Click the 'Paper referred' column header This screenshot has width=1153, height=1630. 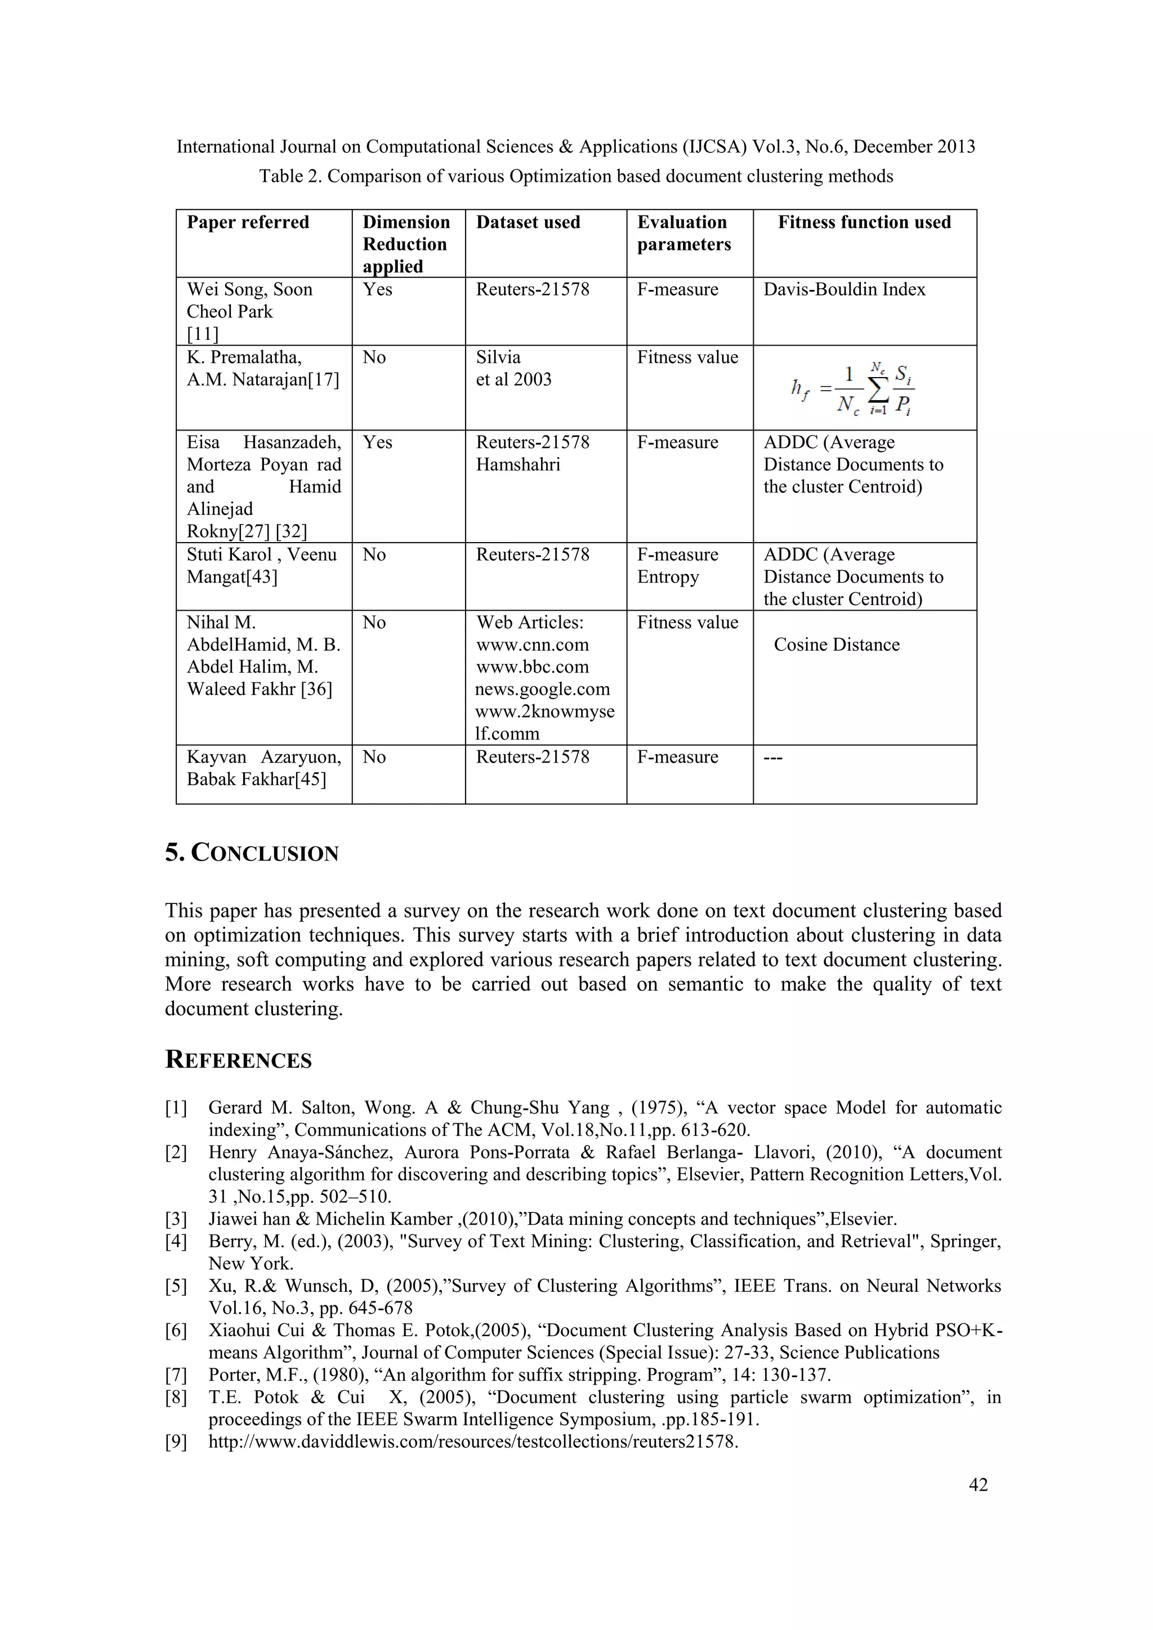(x=248, y=222)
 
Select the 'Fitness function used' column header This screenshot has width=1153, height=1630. (x=864, y=222)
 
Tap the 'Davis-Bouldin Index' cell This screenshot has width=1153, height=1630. (x=844, y=290)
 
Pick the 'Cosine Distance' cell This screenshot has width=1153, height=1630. (x=837, y=644)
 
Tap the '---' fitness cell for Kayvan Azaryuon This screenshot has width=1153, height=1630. (x=773, y=758)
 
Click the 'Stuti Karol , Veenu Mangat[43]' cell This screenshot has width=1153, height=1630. (x=261, y=566)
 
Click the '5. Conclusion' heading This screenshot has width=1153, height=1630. (x=252, y=853)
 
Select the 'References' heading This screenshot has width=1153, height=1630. (x=239, y=1060)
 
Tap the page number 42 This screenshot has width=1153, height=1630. (x=978, y=1484)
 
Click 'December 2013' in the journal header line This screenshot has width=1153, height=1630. (x=914, y=147)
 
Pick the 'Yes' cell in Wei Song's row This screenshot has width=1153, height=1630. (x=377, y=290)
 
